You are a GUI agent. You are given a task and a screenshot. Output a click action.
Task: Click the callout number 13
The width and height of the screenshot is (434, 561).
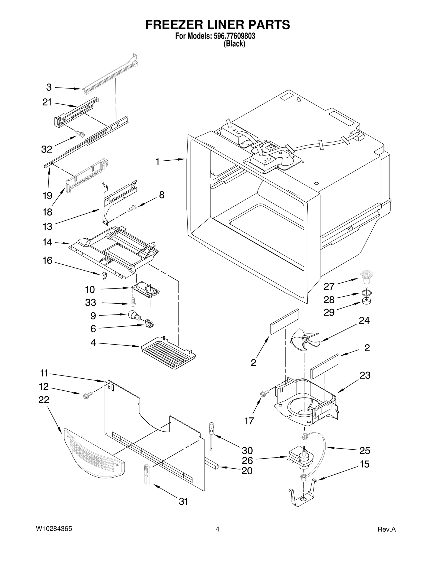(47, 226)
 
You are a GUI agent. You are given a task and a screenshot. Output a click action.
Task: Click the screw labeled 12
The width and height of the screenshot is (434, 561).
(86, 396)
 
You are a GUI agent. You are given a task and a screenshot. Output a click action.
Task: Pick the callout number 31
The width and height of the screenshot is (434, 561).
(184, 501)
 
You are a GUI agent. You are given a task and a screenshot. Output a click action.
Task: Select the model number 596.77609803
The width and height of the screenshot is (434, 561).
(234, 36)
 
